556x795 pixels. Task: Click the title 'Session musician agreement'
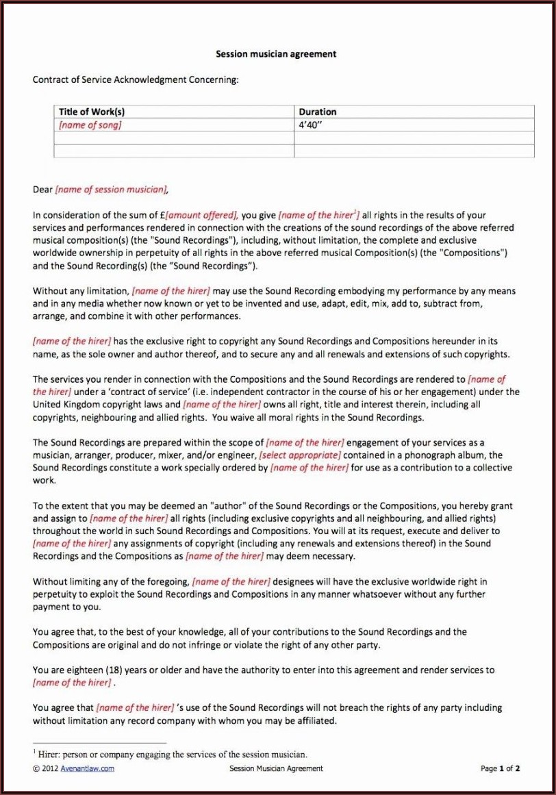coord(276,53)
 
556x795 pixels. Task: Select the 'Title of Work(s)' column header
coord(92,112)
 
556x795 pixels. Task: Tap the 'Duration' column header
coord(318,112)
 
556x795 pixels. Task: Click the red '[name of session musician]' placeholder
coord(111,190)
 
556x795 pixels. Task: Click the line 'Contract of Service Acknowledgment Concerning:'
coord(136,79)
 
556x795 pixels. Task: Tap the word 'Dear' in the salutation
coord(42,190)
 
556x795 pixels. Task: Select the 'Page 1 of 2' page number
coord(501,768)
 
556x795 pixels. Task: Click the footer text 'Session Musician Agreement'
coord(276,768)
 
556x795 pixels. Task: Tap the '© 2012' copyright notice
coord(45,768)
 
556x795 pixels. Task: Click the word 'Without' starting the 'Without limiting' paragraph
coord(50,581)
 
